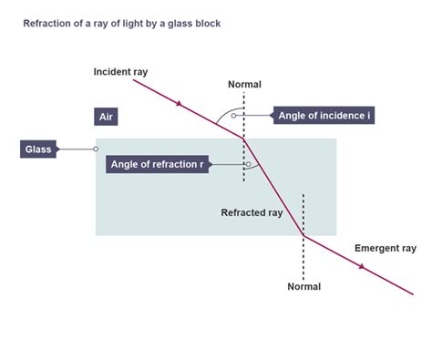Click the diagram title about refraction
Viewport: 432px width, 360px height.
pyautogui.click(x=121, y=22)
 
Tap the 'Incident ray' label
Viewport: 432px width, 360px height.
pyautogui.click(x=119, y=71)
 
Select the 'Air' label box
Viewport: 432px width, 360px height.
pyautogui.click(x=108, y=117)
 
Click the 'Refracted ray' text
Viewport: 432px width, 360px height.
pyautogui.click(x=252, y=212)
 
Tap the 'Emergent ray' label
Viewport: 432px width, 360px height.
pyautogui.click(x=385, y=247)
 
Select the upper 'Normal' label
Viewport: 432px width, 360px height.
pyautogui.click(x=244, y=85)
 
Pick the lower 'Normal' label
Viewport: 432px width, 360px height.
pyautogui.click(x=303, y=285)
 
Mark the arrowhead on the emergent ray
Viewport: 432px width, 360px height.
pyautogui.click(x=363, y=267)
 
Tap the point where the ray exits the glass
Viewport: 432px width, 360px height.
pyautogui.click(x=303, y=235)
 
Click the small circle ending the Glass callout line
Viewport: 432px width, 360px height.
pyautogui.click(x=96, y=149)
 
